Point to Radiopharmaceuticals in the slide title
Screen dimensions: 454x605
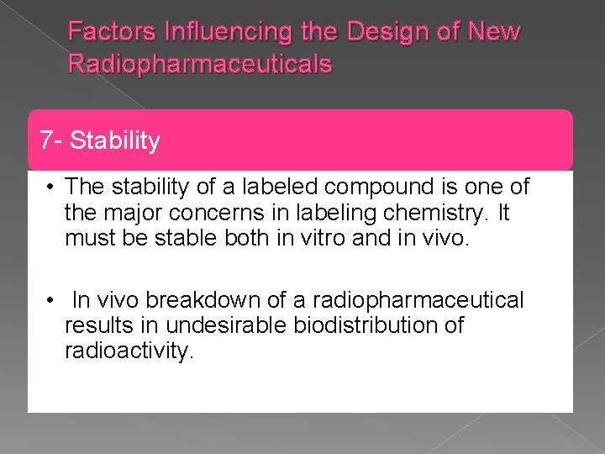[x=200, y=64]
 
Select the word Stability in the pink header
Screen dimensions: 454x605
[x=115, y=140]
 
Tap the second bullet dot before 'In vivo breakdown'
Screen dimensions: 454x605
[x=51, y=300]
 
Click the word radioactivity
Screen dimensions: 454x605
[x=129, y=351]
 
